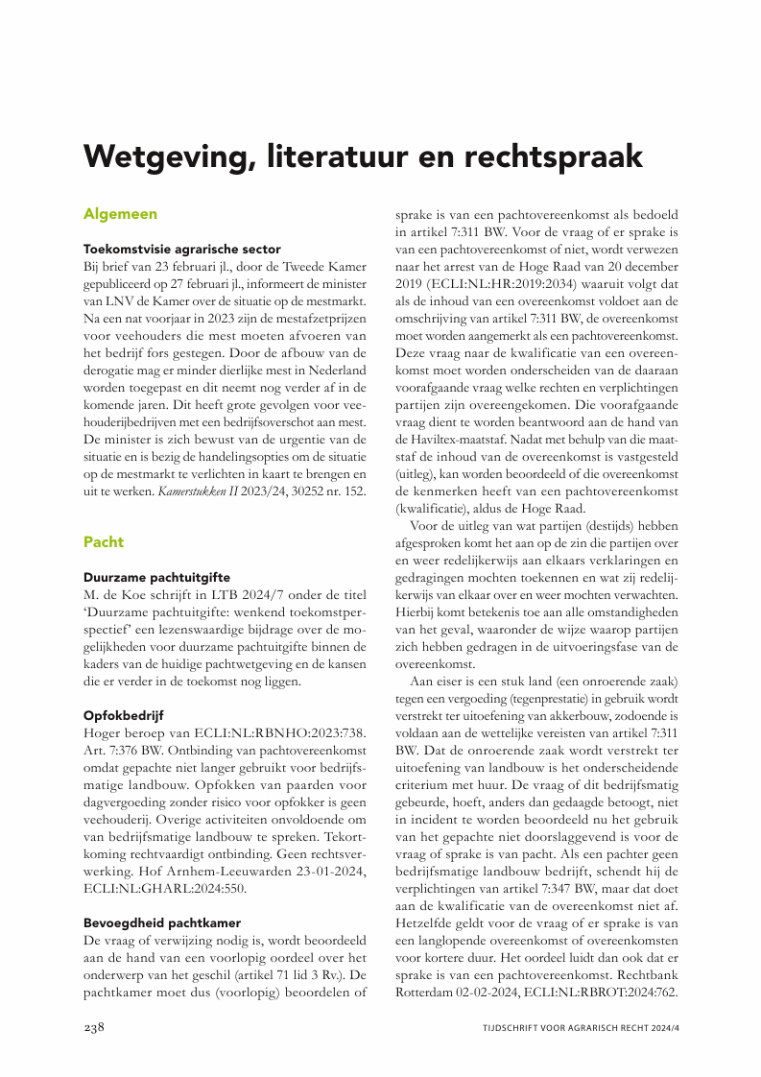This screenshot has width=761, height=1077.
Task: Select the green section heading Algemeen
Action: [x=120, y=213]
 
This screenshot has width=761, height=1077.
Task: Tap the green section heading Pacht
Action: [x=104, y=541]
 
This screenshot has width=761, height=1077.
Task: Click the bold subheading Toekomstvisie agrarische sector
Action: [x=181, y=248]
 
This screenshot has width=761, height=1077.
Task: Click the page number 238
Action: [x=94, y=1028]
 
